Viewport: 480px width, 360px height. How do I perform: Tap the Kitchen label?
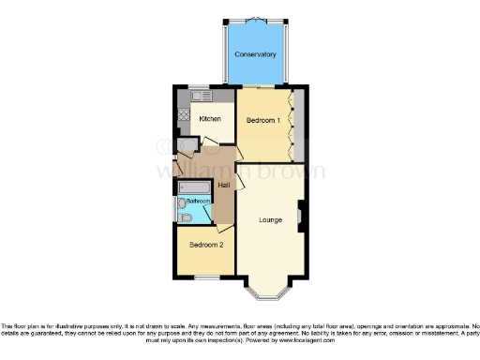point(208,120)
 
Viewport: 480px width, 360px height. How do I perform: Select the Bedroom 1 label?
point(262,121)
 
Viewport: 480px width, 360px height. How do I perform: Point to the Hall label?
point(224,184)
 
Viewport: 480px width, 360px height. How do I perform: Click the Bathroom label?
point(198,202)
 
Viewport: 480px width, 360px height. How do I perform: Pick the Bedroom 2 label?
point(205,245)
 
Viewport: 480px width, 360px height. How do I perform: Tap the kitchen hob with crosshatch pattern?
point(182,120)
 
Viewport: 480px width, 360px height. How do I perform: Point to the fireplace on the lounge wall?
point(300,217)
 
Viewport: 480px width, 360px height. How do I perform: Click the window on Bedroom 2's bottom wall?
point(207,277)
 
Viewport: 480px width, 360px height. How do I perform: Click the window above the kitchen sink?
point(200,87)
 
